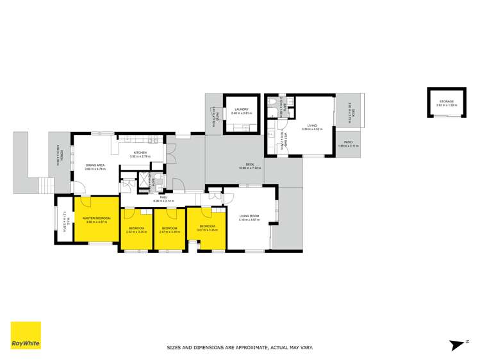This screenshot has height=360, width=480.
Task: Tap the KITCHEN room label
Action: click(140, 152)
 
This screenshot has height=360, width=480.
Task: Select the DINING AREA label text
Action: click(95, 165)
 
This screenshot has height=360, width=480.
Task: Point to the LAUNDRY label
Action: click(241, 110)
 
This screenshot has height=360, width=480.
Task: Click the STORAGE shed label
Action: click(445, 101)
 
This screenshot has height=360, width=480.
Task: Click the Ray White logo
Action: click(26, 335)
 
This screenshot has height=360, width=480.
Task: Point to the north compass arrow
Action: click(458, 345)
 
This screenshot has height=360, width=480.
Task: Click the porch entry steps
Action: click(46, 186)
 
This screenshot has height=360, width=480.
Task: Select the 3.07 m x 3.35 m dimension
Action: click(206, 229)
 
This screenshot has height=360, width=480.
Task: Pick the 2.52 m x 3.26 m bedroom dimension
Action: click(136, 232)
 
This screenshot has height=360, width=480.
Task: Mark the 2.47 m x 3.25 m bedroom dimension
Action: click(169, 232)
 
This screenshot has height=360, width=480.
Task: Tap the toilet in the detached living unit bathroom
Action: click(273, 102)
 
